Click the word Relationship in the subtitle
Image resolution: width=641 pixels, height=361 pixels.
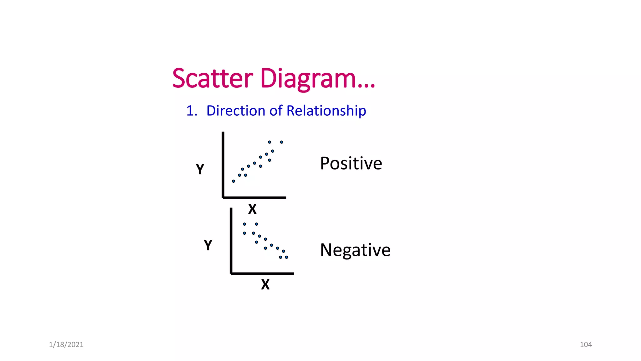326,111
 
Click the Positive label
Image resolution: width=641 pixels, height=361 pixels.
351,163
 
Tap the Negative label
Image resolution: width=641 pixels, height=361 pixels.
355,250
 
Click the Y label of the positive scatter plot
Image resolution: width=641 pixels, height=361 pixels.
200,169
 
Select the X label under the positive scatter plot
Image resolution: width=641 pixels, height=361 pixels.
252,209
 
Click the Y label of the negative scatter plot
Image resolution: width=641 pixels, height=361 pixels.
208,245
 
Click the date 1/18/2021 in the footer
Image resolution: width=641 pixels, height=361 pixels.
66,345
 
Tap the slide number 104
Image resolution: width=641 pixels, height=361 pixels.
586,345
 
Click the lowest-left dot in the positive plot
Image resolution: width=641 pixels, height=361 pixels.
233,181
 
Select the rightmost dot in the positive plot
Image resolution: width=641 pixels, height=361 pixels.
282,142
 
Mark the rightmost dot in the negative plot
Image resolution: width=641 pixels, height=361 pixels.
286,257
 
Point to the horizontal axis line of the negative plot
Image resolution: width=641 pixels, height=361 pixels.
262,274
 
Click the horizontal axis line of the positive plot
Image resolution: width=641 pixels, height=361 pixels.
254,198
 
